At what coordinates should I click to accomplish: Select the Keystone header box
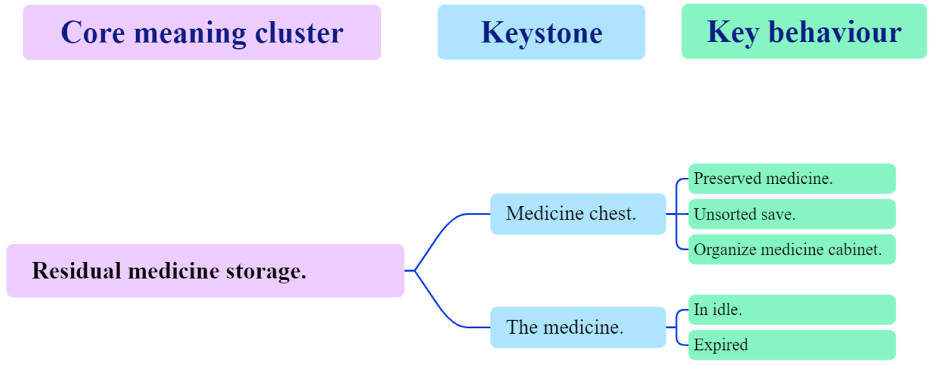pyautogui.click(x=541, y=32)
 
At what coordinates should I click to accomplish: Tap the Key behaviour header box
pyautogui.click(x=804, y=32)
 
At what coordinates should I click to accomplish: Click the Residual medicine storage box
pyautogui.click(x=205, y=271)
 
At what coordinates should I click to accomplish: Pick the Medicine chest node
pyautogui.click(x=578, y=214)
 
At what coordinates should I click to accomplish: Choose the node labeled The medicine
pyautogui.click(x=578, y=327)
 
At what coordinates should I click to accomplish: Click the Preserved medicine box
pyautogui.click(x=792, y=179)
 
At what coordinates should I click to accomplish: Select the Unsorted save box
pyautogui.click(x=792, y=214)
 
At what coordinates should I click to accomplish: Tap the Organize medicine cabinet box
pyautogui.click(x=792, y=249)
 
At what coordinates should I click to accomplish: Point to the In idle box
pyautogui.click(x=792, y=310)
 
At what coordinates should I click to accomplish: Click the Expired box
pyautogui.click(x=792, y=345)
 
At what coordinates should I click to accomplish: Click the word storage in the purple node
pyautogui.click(x=266, y=271)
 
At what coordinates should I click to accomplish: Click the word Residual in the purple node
pyautogui.click(x=76, y=271)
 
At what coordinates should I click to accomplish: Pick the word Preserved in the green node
pyautogui.click(x=727, y=179)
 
